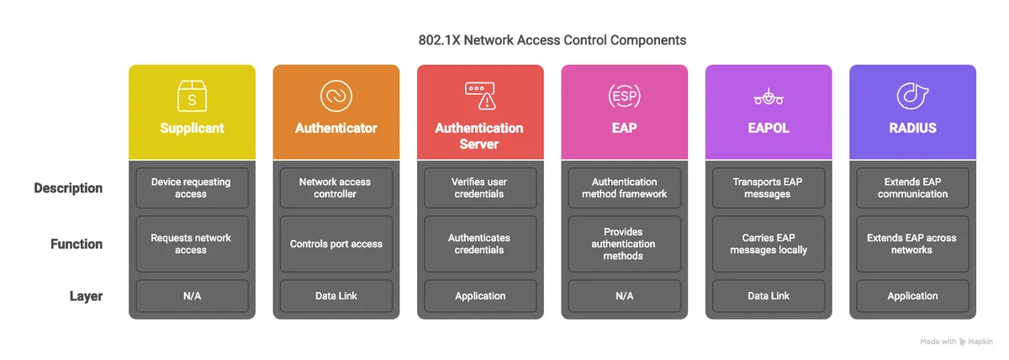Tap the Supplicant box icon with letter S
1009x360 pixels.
(192, 96)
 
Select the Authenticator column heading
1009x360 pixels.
(335, 129)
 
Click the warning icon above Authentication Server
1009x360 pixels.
(479, 95)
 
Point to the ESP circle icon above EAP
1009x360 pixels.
(624, 96)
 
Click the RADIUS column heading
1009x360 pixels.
(912, 129)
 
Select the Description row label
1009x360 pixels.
(68, 188)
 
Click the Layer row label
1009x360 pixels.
(86, 296)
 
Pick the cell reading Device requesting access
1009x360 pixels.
(192, 188)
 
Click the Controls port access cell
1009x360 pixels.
(335, 244)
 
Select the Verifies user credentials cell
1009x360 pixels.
(479, 188)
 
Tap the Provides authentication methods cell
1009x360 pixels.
(624, 244)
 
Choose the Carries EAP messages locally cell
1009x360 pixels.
(768, 244)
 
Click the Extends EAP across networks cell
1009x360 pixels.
(912, 244)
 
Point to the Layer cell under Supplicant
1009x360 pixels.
(192, 296)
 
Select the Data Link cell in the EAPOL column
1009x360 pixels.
(768, 296)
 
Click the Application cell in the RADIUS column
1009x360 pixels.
(912, 296)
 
